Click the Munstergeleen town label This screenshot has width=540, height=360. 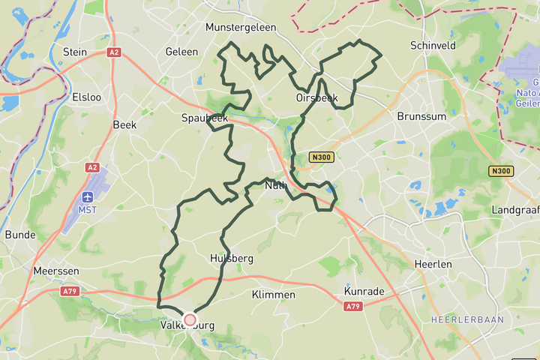[241, 27]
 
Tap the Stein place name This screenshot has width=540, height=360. [75, 52]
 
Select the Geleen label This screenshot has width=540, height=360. [182, 52]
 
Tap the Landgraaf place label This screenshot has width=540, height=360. [515, 209]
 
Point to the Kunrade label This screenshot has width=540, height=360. [363, 290]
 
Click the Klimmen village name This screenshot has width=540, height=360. [274, 295]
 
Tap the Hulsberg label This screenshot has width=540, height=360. [232, 258]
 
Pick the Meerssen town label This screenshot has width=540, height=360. [52, 270]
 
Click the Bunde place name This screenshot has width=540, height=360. [20, 235]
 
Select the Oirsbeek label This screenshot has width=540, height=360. [316, 97]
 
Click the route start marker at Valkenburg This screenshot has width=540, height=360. [190, 320]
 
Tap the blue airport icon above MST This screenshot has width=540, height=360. [88, 197]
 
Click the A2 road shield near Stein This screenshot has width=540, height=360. [114, 52]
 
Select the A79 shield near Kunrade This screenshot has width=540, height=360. [352, 306]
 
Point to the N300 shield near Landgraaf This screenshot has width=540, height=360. [500, 171]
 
